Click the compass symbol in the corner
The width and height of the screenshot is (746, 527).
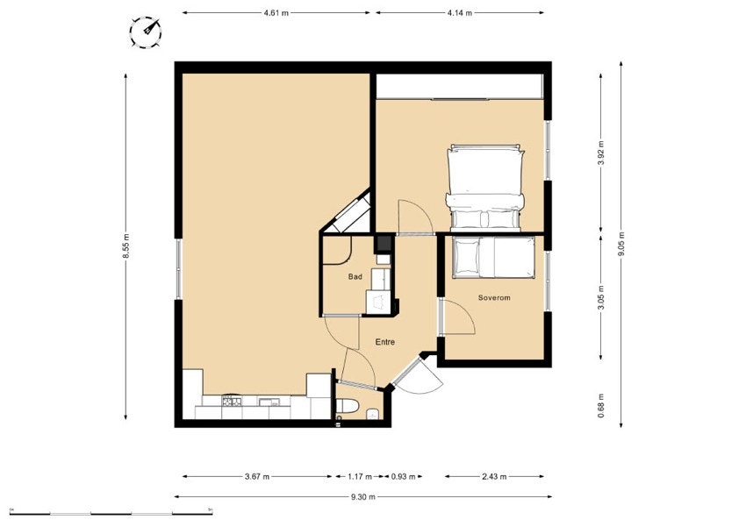point(145,32)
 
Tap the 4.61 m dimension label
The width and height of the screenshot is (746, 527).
point(276,13)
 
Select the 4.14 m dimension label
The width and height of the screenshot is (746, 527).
point(460,13)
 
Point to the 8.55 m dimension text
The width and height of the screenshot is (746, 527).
point(126,246)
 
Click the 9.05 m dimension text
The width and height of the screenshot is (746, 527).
point(620,244)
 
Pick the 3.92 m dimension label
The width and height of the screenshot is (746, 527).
point(601,153)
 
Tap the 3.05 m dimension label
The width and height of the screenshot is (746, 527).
point(601,297)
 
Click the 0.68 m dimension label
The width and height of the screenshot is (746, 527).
point(601,406)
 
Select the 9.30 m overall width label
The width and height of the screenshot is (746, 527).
point(363,497)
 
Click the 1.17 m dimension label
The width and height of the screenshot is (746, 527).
point(360,476)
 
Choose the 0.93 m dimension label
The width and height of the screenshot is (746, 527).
point(404,476)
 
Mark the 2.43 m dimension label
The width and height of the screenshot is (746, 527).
point(494,476)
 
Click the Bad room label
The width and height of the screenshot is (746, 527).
point(355,276)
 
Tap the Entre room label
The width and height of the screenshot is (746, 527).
point(385,342)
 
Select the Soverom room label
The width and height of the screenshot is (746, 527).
point(494,298)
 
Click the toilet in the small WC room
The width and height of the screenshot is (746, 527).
point(347,407)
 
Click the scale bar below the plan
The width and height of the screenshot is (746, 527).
point(111,513)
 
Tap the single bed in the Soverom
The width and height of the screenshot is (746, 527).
point(493,257)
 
